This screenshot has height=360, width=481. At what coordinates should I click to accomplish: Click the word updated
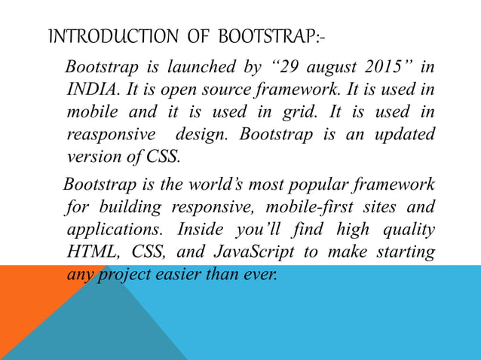(406, 136)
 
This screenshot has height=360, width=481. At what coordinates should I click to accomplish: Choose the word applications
(113, 229)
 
